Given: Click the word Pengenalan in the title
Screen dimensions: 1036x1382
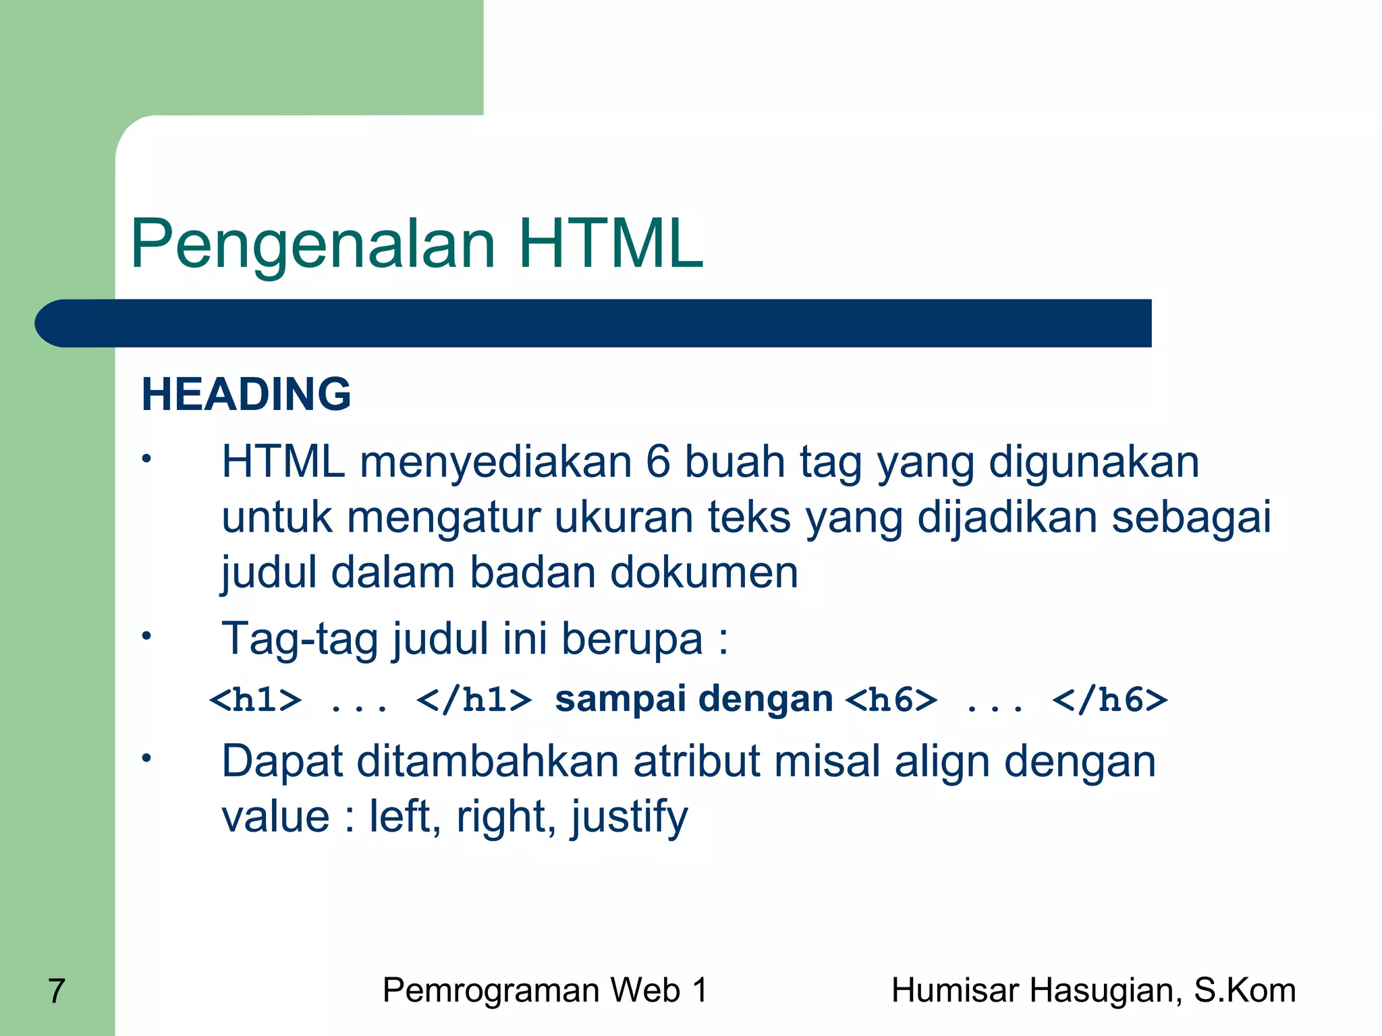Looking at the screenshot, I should click(313, 244).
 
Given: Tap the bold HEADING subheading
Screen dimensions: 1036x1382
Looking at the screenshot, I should click(246, 394).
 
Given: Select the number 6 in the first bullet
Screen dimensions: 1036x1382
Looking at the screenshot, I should click(658, 463).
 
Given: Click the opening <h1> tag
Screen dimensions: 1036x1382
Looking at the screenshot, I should click(256, 700).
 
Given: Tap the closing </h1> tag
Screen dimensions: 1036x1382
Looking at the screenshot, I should click(474, 700).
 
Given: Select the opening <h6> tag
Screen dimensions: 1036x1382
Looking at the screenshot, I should click(891, 700).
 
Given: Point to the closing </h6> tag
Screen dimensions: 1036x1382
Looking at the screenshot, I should click(1109, 700).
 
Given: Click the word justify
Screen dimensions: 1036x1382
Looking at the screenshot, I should click(630, 817).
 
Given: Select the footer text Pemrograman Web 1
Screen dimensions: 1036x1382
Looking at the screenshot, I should click(545, 990).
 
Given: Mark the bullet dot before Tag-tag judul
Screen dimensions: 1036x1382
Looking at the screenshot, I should click(146, 635).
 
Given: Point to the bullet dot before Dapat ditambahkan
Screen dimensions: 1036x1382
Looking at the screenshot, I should click(146, 758).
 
